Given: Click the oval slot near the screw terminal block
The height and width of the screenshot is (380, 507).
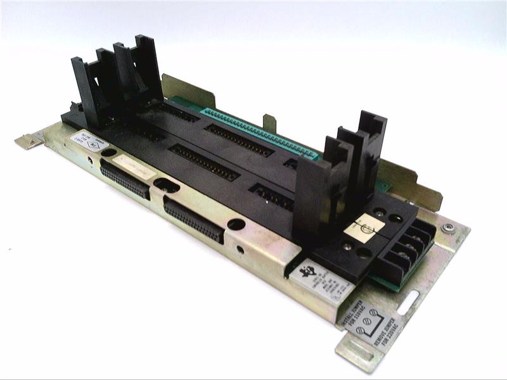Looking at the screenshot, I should point(420,295).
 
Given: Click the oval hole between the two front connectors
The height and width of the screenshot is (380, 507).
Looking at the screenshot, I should point(167,186).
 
